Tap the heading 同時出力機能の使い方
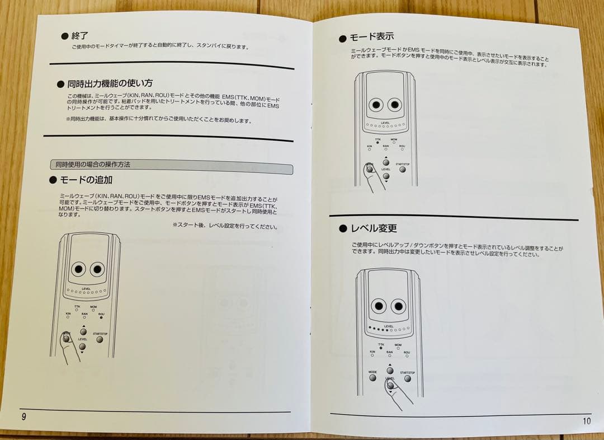point(110,84)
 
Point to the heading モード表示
point(371,37)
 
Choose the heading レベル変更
point(373,228)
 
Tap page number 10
point(586,421)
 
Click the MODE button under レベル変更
point(373,377)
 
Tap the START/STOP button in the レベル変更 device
point(407,377)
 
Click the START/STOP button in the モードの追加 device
point(100,339)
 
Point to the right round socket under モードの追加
point(98,269)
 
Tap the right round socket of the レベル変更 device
point(398,305)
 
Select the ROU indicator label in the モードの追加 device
point(101,314)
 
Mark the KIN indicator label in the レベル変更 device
point(372,352)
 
